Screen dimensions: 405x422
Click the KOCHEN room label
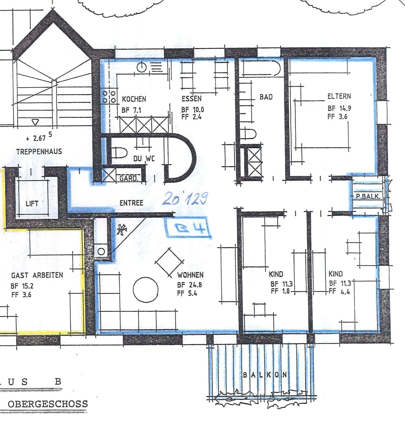click(134, 99)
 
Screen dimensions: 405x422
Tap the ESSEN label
click(192, 99)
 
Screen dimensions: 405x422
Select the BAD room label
click(266, 97)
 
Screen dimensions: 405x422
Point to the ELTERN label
click(339, 96)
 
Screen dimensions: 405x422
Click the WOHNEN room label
click(190, 275)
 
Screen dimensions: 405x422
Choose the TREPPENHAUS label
click(39, 152)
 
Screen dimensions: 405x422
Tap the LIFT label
click(32, 204)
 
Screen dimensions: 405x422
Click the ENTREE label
click(131, 203)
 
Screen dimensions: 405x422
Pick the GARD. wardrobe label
click(129, 179)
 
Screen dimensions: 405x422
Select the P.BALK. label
click(368, 196)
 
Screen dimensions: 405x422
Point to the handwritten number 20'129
click(185, 198)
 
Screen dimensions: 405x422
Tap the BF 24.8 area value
click(189, 285)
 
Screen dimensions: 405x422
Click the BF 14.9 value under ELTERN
click(339, 108)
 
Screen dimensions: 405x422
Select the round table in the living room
click(146, 290)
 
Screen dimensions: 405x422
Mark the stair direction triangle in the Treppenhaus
click(35, 122)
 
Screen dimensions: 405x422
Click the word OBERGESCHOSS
click(48, 404)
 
